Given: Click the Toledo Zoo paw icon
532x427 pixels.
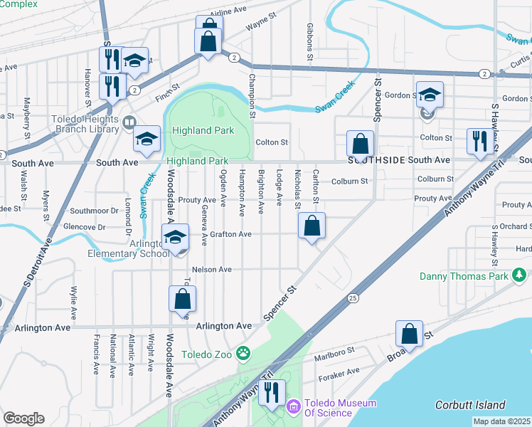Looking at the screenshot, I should (243, 352).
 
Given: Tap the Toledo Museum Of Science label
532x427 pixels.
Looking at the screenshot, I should (340, 408).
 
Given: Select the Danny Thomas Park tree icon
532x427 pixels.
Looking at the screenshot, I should (520, 274).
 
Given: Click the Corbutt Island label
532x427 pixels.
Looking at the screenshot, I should (470, 405).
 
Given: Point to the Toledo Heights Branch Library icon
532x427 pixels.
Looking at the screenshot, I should (129, 122).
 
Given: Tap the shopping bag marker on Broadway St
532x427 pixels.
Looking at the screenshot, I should (409, 334).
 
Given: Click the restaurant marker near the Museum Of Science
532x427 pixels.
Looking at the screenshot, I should (272, 393).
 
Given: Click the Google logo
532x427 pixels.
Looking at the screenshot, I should (23, 418).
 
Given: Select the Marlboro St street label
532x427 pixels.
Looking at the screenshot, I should (334, 352).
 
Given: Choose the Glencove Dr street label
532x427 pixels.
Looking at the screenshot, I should (83, 227).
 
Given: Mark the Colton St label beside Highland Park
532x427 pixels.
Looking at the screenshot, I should (272, 142).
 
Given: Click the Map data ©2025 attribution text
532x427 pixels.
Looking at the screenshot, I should (501, 421).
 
